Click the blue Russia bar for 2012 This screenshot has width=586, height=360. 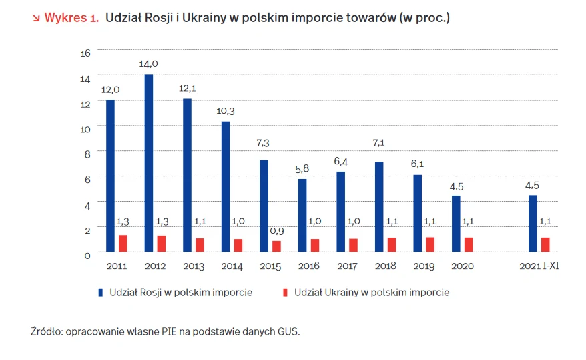(149, 163)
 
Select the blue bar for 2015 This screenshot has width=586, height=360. (264, 206)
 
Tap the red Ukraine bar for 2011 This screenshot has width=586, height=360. (123, 244)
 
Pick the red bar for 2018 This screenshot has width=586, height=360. (392, 245)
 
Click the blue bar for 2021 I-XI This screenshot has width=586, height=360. (533, 224)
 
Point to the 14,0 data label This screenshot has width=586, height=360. (148, 64)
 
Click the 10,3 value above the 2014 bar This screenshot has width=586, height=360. (226, 111)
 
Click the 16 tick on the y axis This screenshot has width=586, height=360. (85, 53)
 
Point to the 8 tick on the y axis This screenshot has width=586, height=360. (85, 154)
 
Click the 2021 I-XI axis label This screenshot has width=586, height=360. (539, 266)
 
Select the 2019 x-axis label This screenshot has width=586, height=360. (423, 266)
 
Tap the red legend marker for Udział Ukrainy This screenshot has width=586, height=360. (285, 293)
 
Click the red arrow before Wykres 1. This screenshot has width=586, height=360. (36, 18)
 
